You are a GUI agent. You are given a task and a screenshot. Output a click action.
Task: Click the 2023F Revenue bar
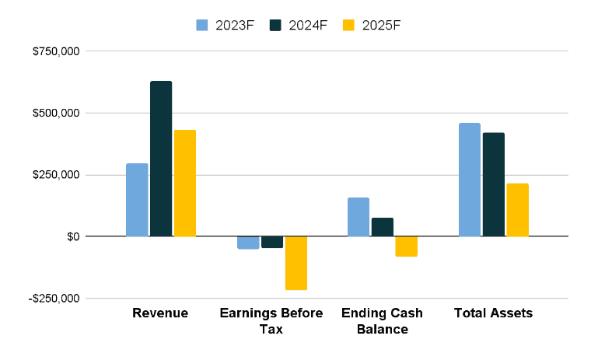point(137,200)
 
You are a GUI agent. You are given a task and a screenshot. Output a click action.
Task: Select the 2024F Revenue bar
point(161,159)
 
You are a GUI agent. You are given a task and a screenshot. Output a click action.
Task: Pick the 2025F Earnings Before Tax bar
point(296,263)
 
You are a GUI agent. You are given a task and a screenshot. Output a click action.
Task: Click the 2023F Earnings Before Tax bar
point(248,243)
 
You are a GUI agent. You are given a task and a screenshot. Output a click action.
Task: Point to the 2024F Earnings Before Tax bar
point(272,242)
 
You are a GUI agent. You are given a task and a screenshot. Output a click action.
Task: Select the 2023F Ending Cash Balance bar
point(358,217)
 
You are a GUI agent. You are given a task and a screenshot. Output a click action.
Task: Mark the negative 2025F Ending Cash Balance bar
point(407,246)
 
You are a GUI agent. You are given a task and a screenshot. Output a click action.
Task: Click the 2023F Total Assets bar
point(470,180)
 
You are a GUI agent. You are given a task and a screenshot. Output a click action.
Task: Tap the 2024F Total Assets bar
point(494,184)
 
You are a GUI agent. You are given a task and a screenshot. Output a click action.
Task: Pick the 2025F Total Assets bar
point(518,210)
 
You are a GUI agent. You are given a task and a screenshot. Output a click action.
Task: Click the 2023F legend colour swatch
point(203,25)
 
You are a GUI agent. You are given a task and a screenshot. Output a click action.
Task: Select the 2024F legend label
point(308,25)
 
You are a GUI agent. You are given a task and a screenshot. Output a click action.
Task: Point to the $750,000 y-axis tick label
point(56,52)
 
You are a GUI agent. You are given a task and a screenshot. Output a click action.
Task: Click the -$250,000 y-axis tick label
point(54,299)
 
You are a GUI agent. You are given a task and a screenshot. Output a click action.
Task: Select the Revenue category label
point(160,313)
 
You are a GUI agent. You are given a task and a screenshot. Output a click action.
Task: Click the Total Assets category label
point(493,313)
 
